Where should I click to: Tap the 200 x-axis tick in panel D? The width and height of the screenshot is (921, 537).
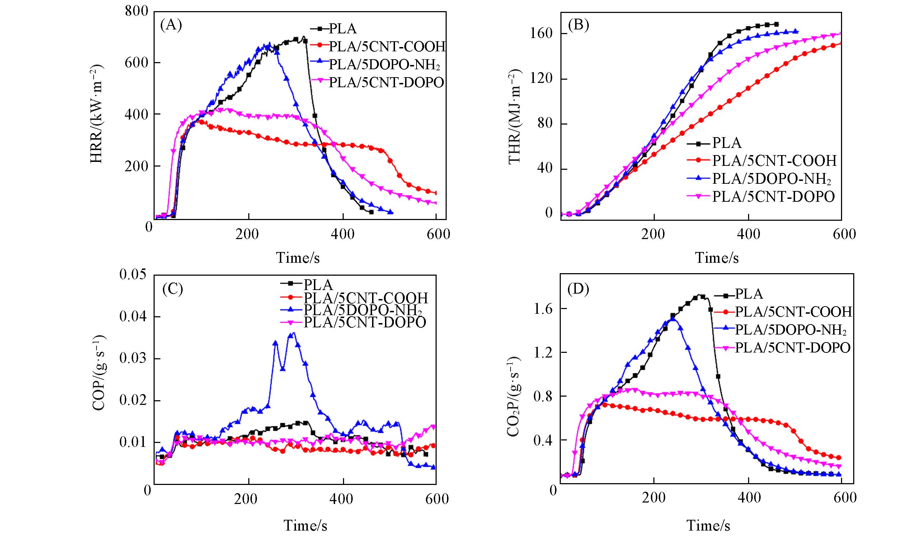(x=654, y=498)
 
